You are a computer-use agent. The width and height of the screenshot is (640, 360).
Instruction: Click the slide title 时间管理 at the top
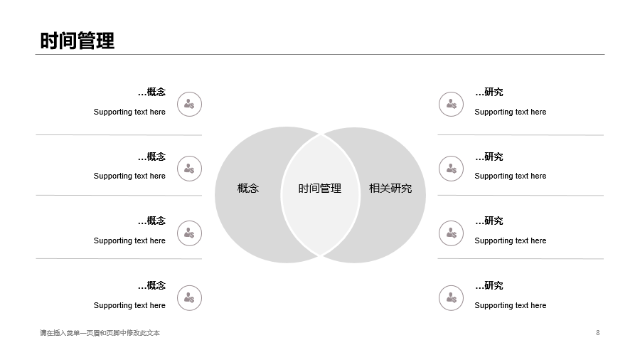[x=77, y=41]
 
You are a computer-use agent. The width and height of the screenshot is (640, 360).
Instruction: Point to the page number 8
[x=597, y=333]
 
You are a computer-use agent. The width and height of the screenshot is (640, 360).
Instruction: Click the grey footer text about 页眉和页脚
[x=100, y=333]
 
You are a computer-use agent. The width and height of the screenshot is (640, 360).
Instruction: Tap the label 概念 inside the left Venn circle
[x=248, y=188]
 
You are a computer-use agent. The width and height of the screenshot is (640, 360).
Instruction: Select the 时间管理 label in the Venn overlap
[x=319, y=188]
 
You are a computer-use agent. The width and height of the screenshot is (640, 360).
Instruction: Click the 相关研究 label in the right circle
[x=390, y=188]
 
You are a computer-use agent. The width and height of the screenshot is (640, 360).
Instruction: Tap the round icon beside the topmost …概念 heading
[x=189, y=104]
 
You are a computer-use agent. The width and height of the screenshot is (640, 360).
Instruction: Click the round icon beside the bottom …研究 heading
[x=451, y=298]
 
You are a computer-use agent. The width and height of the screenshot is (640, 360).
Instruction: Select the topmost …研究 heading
[x=489, y=92]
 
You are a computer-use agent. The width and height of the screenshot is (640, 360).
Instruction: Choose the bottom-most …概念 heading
[x=151, y=285]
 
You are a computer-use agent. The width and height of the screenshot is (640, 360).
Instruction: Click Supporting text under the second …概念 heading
[x=129, y=176]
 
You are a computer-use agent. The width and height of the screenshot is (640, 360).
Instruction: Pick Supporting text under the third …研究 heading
[x=510, y=240]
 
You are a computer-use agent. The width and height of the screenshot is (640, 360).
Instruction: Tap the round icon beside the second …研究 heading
[x=451, y=169]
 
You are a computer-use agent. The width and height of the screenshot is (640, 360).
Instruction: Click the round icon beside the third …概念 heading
[x=189, y=233]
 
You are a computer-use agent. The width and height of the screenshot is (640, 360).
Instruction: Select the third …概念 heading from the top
[x=151, y=221]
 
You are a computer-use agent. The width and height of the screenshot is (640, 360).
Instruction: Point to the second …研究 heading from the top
[x=489, y=157]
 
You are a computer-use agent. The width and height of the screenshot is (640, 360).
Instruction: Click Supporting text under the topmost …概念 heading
[x=129, y=112]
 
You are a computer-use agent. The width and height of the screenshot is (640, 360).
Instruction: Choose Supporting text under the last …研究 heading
[x=510, y=305]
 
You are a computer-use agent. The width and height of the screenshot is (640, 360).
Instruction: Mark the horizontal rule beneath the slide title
[x=320, y=54]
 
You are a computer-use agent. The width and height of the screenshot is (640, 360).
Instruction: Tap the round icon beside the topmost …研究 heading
[x=451, y=104]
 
